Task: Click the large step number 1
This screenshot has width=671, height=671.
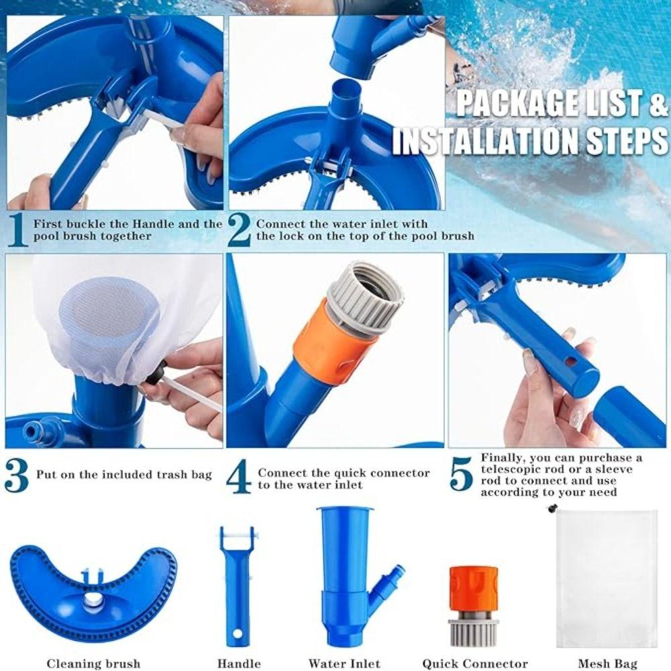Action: click(18, 230)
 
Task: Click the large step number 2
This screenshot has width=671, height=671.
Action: click(239, 230)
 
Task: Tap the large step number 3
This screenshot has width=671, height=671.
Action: click(17, 475)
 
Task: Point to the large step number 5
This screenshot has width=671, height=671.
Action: click(462, 474)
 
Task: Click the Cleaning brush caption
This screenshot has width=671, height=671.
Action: click(93, 664)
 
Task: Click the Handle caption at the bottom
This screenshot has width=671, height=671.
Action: click(239, 664)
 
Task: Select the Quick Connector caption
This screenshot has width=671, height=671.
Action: click(474, 664)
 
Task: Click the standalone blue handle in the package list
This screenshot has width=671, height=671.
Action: click(238, 584)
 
